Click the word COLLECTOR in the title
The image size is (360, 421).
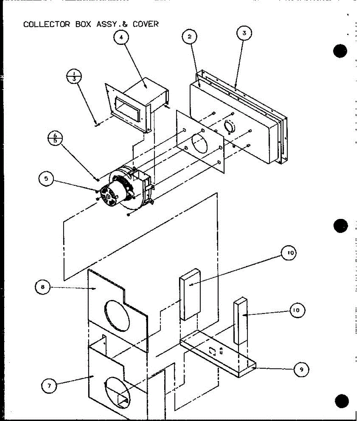(x=47, y=24)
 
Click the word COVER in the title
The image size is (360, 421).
(x=145, y=24)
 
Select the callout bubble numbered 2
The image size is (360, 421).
(x=189, y=36)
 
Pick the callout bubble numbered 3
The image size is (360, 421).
(x=244, y=34)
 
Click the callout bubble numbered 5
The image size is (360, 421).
(x=46, y=179)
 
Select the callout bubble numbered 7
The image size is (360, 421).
(x=49, y=386)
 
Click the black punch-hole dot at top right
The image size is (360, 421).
(x=340, y=51)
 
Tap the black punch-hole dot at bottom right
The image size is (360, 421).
(x=341, y=401)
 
